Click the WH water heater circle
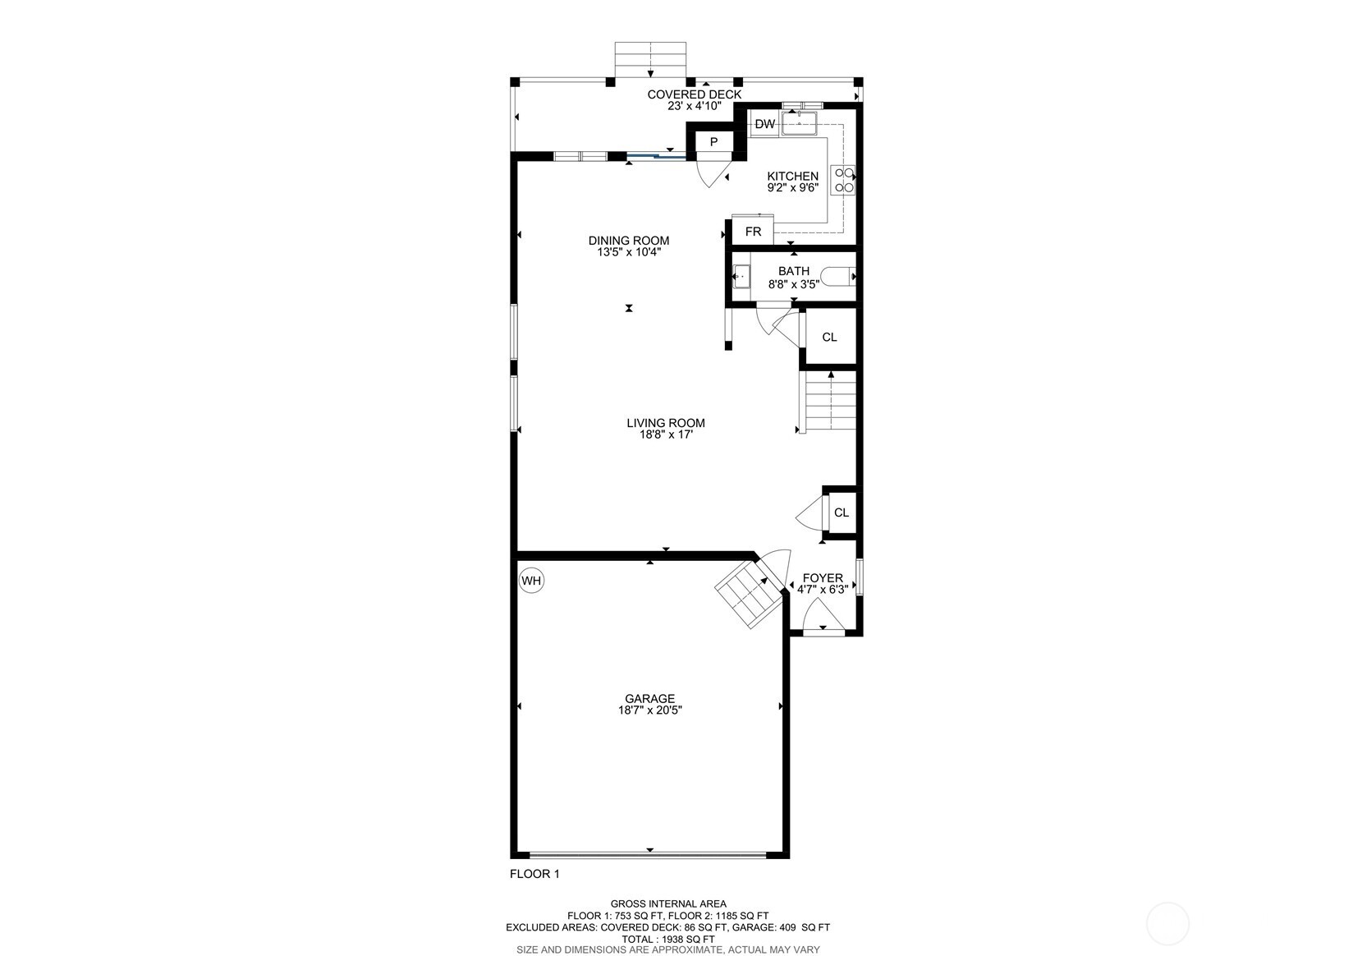coord(532,581)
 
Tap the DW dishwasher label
coord(764,124)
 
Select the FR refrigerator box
coord(753,232)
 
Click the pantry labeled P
coord(713,142)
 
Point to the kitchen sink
coord(800,123)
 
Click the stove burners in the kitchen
coord(843,180)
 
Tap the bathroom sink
coord(741,276)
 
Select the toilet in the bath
coord(837,277)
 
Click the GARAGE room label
coord(649,699)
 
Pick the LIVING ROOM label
coord(666,423)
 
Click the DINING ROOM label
coord(629,241)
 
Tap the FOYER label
coord(823,578)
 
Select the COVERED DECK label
coord(694,94)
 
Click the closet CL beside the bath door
coord(829,337)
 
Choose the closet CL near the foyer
coord(841,512)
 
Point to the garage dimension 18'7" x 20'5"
coord(650,710)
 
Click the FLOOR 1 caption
coord(534,874)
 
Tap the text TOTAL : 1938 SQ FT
coord(667,939)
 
